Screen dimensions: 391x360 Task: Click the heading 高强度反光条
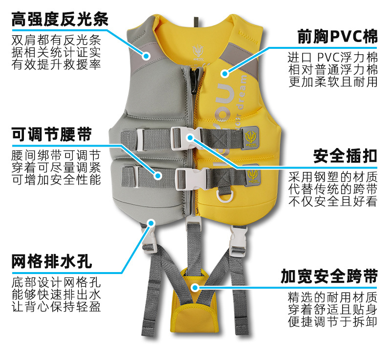coord(60,20)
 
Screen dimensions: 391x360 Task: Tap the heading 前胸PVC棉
coord(338,36)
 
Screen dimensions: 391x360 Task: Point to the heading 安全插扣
coord(345,156)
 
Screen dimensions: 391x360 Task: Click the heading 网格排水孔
coord(51,262)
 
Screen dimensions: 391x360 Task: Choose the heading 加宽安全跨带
coord(329,276)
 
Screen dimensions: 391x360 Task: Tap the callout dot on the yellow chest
coord(224,74)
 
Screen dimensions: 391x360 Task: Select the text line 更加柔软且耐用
coord(333,82)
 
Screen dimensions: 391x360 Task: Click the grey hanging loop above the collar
coord(195,22)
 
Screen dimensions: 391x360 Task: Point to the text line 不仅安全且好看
coord(333,201)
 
